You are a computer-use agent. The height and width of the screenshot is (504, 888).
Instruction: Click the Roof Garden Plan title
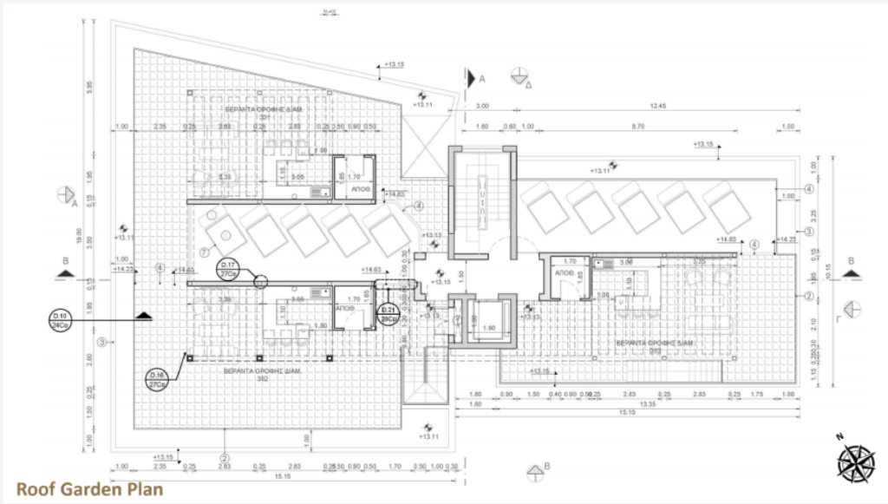pos(88,488)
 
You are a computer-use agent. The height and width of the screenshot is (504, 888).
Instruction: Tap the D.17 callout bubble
pos(229,268)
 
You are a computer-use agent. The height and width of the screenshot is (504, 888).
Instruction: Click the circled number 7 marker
pos(204,253)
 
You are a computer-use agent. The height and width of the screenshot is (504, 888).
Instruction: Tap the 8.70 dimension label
pos(637,127)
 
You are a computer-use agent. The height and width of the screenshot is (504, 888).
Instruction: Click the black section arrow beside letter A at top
pos(470,78)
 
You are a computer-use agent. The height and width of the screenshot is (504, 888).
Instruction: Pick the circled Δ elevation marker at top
pos(520,75)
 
